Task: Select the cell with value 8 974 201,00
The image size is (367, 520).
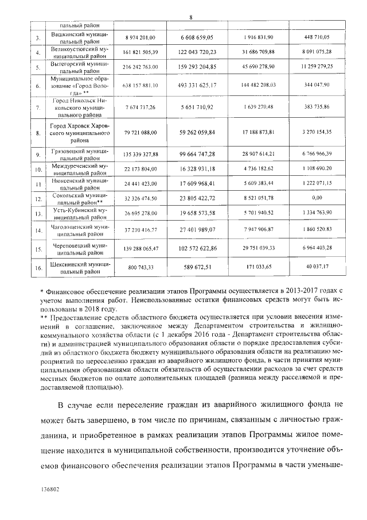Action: [140, 37]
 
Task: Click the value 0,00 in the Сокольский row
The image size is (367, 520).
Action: [317, 198]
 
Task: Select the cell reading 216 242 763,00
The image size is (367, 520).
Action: [140, 67]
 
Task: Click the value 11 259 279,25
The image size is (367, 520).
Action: [317, 67]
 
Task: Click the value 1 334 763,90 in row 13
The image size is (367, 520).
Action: [317, 213]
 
